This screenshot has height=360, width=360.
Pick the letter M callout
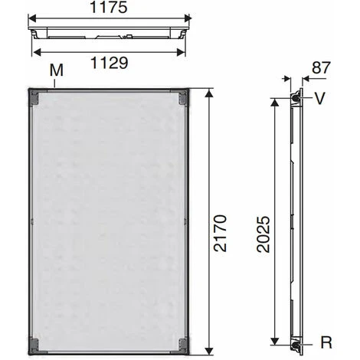54,71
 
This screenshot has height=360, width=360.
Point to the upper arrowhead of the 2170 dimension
208,92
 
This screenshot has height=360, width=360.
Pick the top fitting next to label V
295,98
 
